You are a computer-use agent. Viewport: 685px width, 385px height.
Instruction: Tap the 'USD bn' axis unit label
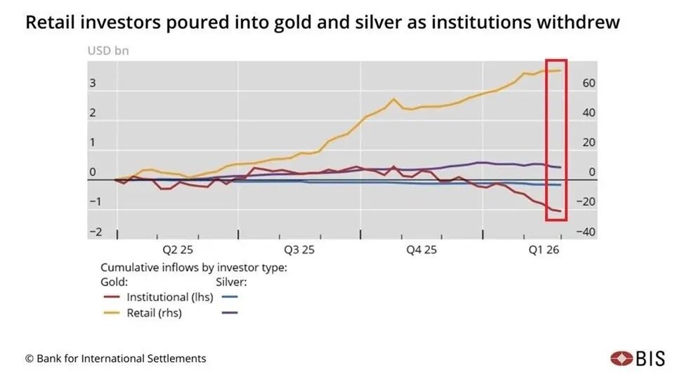pos(107,51)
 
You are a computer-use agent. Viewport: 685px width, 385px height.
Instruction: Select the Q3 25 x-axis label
pos(299,249)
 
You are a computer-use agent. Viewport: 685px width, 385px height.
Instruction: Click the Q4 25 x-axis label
pos(422,249)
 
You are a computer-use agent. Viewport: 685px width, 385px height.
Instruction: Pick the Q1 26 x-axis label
pos(544,249)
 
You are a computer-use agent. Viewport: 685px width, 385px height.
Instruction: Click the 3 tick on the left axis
pos(92,83)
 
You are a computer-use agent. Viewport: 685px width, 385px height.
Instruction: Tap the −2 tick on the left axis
pos(95,232)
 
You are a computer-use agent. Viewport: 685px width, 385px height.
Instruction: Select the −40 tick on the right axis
pos(586,232)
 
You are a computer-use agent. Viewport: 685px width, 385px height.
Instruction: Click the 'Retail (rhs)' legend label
pos(154,313)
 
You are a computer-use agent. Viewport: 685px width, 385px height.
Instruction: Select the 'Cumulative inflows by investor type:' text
pos(193,267)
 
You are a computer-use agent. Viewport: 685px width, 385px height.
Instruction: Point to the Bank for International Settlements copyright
pos(116,358)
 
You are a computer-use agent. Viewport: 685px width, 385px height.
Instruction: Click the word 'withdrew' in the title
pos(585,23)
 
